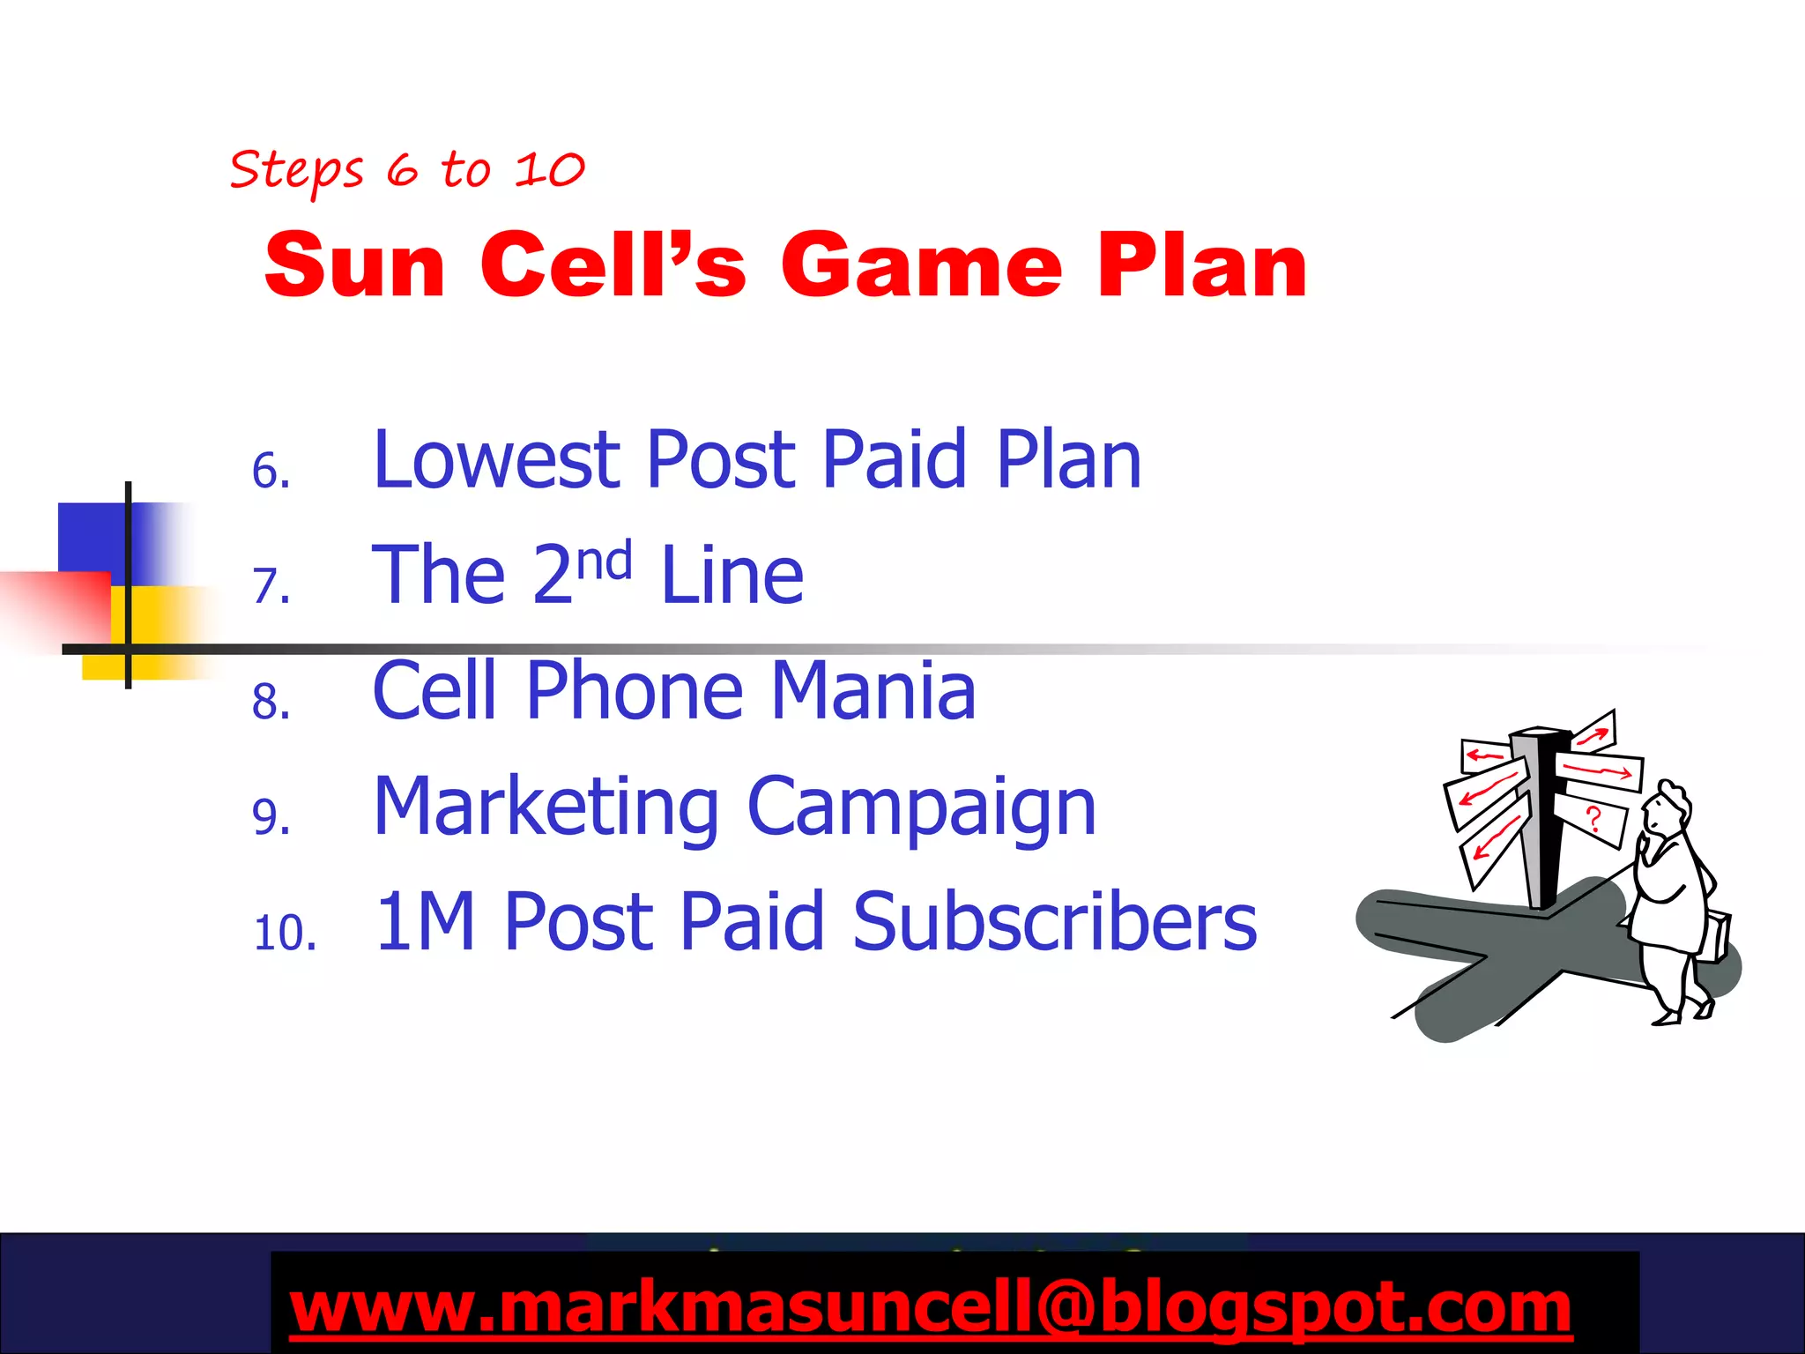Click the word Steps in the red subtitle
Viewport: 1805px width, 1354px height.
pyautogui.click(x=296, y=170)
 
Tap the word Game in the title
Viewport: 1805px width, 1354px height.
pyautogui.click(x=921, y=265)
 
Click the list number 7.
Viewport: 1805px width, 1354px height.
pyautogui.click(x=271, y=585)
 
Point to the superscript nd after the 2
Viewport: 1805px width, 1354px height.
pyautogui.click(x=605, y=561)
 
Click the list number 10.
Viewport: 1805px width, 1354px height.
pyautogui.click(x=284, y=933)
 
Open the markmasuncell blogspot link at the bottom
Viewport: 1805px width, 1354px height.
pyautogui.click(x=930, y=1307)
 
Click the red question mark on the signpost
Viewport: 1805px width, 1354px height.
pyautogui.click(x=1593, y=819)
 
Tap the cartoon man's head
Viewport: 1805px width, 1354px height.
pyautogui.click(x=1667, y=806)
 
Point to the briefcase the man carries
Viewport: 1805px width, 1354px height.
pyautogui.click(x=1714, y=936)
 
